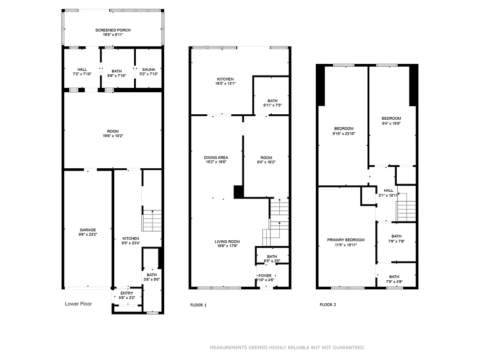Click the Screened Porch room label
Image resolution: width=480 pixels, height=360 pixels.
pyautogui.click(x=113, y=30)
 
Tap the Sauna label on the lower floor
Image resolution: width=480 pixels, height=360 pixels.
pyautogui.click(x=148, y=70)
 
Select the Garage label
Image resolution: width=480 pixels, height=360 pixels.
pyautogui.click(x=88, y=230)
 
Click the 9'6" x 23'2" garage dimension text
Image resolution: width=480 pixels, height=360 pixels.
pyautogui.click(x=88, y=234)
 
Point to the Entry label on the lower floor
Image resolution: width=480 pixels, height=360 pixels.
pyautogui.click(x=127, y=293)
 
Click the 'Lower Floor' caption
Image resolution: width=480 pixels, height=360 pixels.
pyautogui.click(x=78, y=304)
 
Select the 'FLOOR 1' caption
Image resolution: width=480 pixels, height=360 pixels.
pyautogui.click(x=198, y=305)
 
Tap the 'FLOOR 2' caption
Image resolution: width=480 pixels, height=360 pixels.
pyautogui.click(x=327, y=305)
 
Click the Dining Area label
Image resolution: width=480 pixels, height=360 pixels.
pyautogui.click(x=216, y=157)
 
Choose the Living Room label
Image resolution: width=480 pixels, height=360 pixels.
pyautogui.click(x=227, y=241)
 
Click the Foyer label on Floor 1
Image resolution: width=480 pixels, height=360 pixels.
pyautogui.click(x=265, y=275)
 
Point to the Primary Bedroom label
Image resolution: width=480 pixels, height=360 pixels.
pyautogui.click(x=345, y=240)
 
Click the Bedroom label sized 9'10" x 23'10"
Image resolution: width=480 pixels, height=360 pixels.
pyautogui.click(x=344, y=129)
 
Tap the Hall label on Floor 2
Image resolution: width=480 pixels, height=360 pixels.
pyautogui.click(x=388, y=190)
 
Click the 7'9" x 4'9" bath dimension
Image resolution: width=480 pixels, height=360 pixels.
pyautogui.click(x=394, y=282)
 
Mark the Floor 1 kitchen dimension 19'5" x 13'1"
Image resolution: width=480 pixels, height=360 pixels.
pyautogui.click(x=225, y=83)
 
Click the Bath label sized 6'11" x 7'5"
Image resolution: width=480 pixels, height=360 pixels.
pyautogui.click(x=272, y=101)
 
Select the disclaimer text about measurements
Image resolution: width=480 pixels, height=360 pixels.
pyautogui.click(x=287, y=347)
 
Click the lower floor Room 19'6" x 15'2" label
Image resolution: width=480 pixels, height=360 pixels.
pyautogui.click(x=113, y=131)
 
